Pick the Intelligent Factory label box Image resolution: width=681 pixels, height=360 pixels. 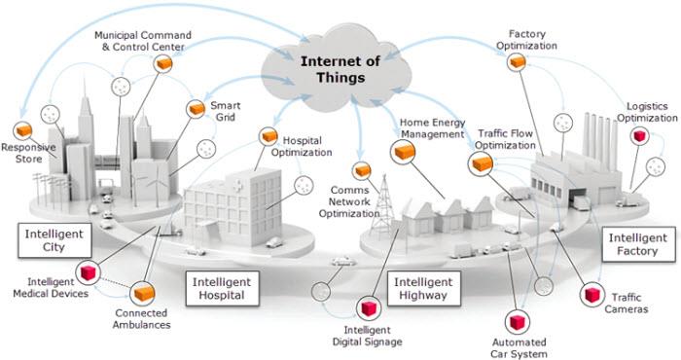pos(638,243)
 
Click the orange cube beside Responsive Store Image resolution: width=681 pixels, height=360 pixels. pos(20,129)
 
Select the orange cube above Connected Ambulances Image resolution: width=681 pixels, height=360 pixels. pos(144,293)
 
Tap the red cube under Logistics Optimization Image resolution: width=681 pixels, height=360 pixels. pos(638,137)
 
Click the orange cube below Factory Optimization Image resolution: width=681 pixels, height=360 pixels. pos(519,61)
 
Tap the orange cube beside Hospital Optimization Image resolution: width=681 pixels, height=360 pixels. pos(268,137)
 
